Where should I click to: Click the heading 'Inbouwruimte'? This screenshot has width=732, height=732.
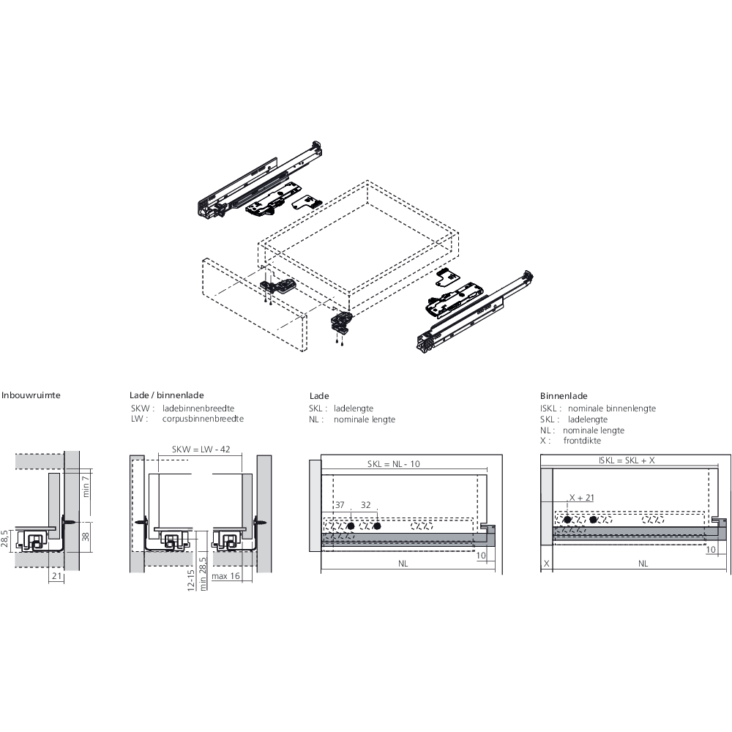click(31, 395)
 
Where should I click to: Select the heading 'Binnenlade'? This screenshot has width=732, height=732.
click(564, 396)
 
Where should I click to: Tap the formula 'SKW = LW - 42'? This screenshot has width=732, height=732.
click(201, 449)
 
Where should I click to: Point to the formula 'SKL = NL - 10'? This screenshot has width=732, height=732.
click(394, 464)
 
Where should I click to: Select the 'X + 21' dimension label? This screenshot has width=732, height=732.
click(581, 498)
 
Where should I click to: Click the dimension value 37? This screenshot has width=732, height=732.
click(339, 505)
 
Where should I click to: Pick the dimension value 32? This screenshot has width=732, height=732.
click(366, 505)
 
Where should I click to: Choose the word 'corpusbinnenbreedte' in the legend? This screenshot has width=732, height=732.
click(203, 419)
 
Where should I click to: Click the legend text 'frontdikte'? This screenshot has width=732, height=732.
click(582, 441)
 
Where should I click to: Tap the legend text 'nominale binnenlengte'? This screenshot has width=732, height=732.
click(611, 408)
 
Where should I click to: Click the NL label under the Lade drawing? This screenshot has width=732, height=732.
click(403, 564)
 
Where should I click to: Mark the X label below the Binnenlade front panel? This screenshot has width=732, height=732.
click(546, 564)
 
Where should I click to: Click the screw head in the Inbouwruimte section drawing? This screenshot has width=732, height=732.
click(67, 520)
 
